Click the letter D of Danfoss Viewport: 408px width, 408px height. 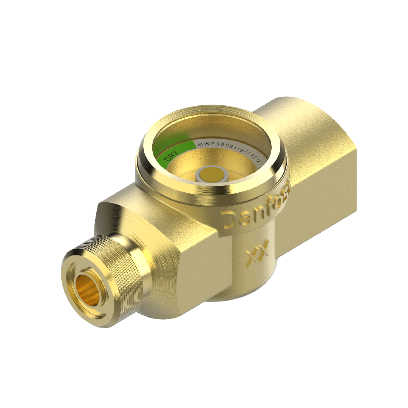(229, 221)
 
